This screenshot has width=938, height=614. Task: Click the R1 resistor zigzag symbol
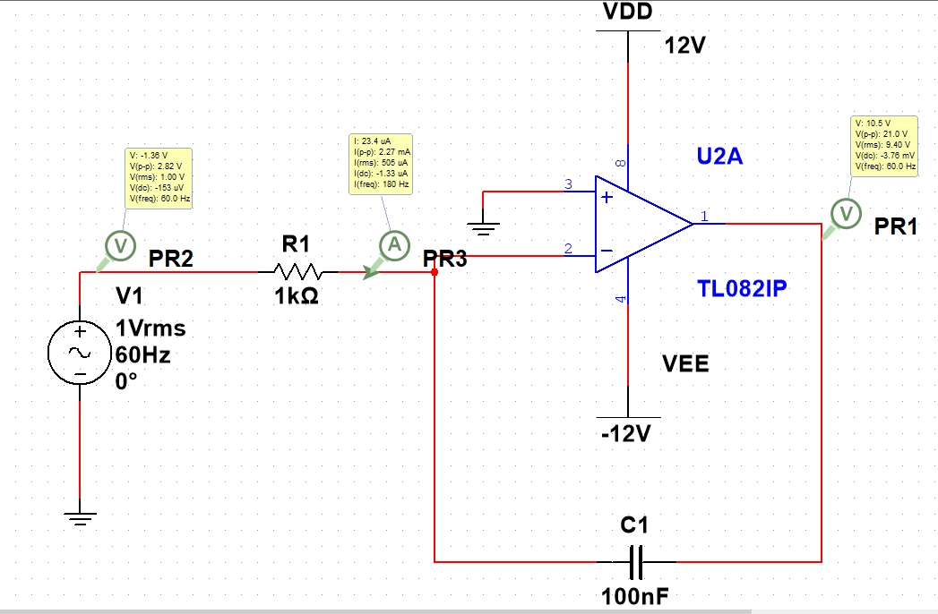297,270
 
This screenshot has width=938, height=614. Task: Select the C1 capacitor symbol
637,562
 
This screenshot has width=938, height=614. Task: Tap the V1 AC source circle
80,354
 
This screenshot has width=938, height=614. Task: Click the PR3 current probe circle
392,243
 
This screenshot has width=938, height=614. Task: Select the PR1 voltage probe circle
844,212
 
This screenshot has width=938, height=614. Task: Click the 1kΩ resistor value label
297,297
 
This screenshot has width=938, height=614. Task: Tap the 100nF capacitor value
636,597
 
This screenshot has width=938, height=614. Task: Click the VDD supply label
628,12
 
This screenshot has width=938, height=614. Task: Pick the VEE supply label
685,363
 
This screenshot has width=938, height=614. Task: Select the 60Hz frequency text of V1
143,354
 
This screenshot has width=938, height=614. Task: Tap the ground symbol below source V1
80,517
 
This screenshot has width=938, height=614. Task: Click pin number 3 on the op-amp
567,184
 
